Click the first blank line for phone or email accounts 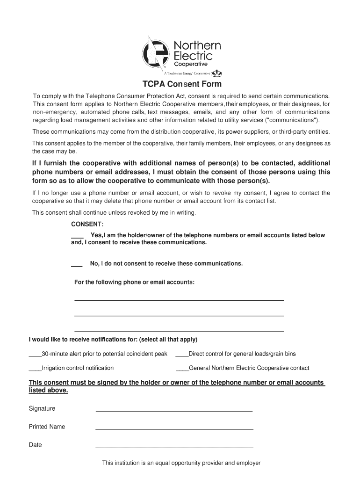(x=179, y=299)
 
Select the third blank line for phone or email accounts (x=179, y=331)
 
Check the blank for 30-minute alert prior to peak (x=35, y=355)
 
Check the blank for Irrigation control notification (x=35, y=369)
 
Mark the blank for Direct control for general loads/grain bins (x=181, y=355)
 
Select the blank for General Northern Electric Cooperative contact (x=182, y=369)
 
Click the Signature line (x=174, y=410)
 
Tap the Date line (x=174, y=447)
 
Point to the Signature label (x=42, y=408)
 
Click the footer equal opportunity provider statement (x=181, y=463)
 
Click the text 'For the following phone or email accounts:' (x=134, y=282)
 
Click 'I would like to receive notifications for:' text (x=113, y=339)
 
